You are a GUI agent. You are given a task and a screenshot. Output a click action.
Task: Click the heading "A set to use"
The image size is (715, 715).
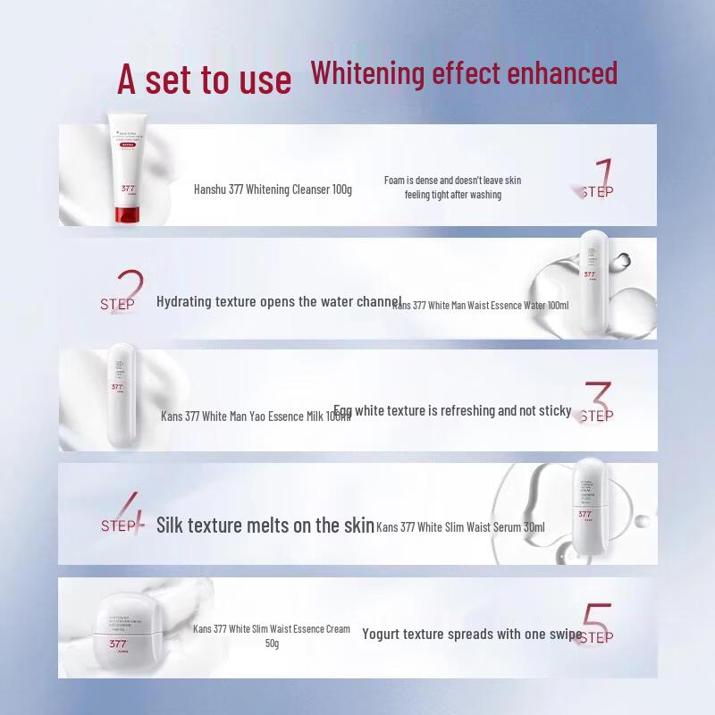pyautogui.click(x=204, y=79)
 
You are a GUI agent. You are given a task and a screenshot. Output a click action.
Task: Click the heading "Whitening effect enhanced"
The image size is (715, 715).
pyautogui.click(x=464, y=72)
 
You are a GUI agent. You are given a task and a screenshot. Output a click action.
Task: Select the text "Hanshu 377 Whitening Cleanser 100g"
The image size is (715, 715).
pyautogui.click(x=273, y=189)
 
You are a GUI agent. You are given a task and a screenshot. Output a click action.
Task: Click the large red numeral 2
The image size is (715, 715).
pyautogui.click(x=130, y=290)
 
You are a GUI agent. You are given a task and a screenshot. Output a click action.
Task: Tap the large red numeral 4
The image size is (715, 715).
pyautogui.click(x=130, y=513)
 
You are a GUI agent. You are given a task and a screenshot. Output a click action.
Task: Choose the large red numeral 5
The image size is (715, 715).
pyautogui.click(x=597, y=622)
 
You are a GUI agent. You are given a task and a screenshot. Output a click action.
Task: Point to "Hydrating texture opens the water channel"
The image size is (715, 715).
pyautogui.click(x=279, y=301)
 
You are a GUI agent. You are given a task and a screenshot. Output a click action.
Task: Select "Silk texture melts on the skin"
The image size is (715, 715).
pyautogui.click(x=265, y=525)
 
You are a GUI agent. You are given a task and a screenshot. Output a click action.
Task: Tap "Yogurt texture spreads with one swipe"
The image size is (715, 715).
pyautogui.click(x=472, y=634)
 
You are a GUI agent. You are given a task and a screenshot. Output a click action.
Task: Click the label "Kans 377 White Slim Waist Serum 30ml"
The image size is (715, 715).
pyautogui.click(x=460, y=527)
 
